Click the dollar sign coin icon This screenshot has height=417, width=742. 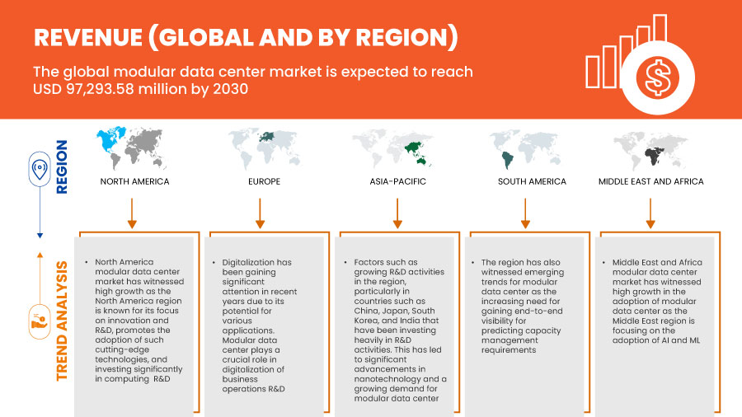[657, 77]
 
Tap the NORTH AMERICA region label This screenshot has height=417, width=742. [134, 181]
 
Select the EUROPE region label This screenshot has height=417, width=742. [264, 181]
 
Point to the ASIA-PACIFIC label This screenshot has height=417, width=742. [397, 181]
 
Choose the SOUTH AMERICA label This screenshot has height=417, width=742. [532, 181]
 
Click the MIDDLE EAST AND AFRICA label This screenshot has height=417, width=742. [650, 181]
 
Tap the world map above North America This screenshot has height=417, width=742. [131, 148]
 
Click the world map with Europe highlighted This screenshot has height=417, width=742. [264, 148]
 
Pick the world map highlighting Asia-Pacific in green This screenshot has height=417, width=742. [392, 149]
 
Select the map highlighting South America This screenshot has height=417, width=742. [525, 149]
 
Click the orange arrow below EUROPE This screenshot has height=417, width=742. [260, 213]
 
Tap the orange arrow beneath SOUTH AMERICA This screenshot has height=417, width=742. [525, 213]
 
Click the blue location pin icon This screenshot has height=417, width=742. [40, 169]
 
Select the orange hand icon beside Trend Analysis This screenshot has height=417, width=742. [40, 322]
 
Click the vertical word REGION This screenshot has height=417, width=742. [62, 167]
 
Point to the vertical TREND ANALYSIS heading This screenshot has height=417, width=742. [62, 321]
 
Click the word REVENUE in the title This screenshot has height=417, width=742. [88, 37]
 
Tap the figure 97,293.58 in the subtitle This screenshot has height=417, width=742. [100, 89]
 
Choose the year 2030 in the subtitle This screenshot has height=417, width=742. [231, 89]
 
